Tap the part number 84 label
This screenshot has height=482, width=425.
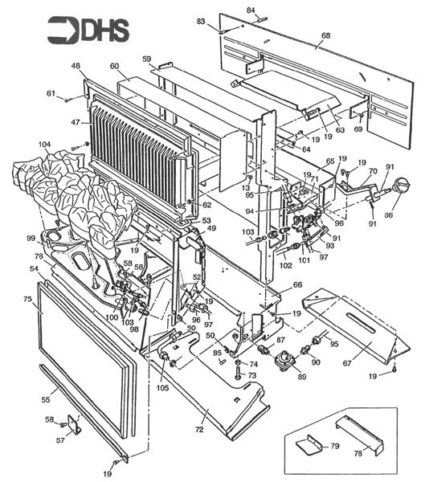(x=251, y=9)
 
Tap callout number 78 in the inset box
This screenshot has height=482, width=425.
(x=380, y=452)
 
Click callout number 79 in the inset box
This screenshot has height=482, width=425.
(x=335, y=444)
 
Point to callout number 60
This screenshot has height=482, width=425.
(x=114, y=66)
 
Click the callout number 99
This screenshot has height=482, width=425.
(x=31, y=239)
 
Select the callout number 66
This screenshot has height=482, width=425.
(x=297, y=284)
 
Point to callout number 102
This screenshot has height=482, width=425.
(x=286, y=264)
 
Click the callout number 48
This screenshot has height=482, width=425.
(x=75, y=66)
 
